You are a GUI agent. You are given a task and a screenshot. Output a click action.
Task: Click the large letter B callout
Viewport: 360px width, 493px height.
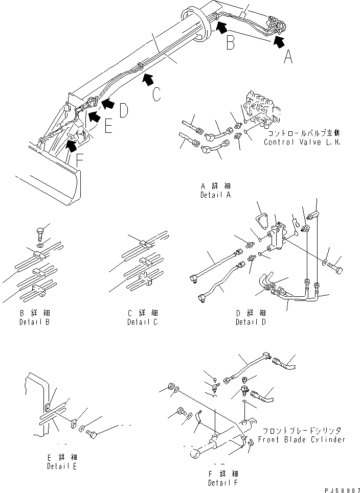point(231,43)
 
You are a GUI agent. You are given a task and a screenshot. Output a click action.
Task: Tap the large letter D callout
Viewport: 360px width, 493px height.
point(124,111)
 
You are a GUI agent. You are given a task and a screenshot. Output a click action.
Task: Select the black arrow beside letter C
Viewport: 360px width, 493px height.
point(148,78)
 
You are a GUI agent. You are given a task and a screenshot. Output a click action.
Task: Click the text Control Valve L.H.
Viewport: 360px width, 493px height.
point(302,142)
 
